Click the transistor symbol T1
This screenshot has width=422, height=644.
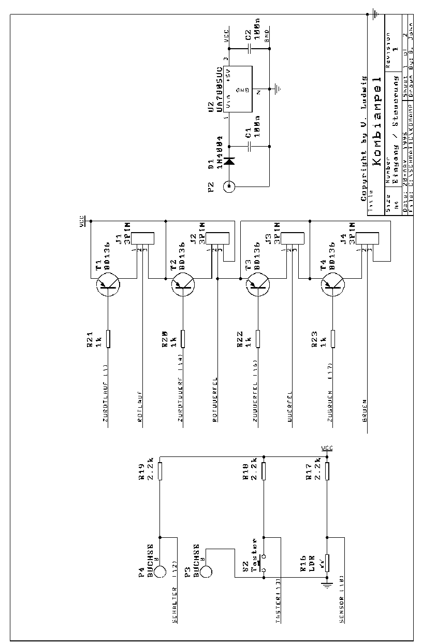click(107, 284)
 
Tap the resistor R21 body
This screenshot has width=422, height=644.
click(107, 338)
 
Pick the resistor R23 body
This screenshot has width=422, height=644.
click(333, 338)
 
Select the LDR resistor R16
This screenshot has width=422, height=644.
click(327, 562)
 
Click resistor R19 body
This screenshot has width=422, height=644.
click(161, 471)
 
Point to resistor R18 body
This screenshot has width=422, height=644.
click(264, 471)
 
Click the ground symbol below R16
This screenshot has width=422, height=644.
click(327, 585)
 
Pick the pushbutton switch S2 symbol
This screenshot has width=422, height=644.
click(264, 563)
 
